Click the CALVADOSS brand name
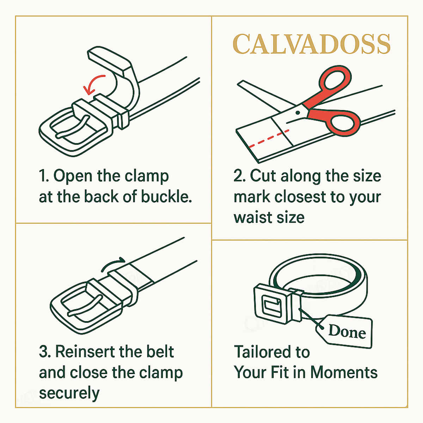[312, 44]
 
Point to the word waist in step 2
[251, 217]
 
